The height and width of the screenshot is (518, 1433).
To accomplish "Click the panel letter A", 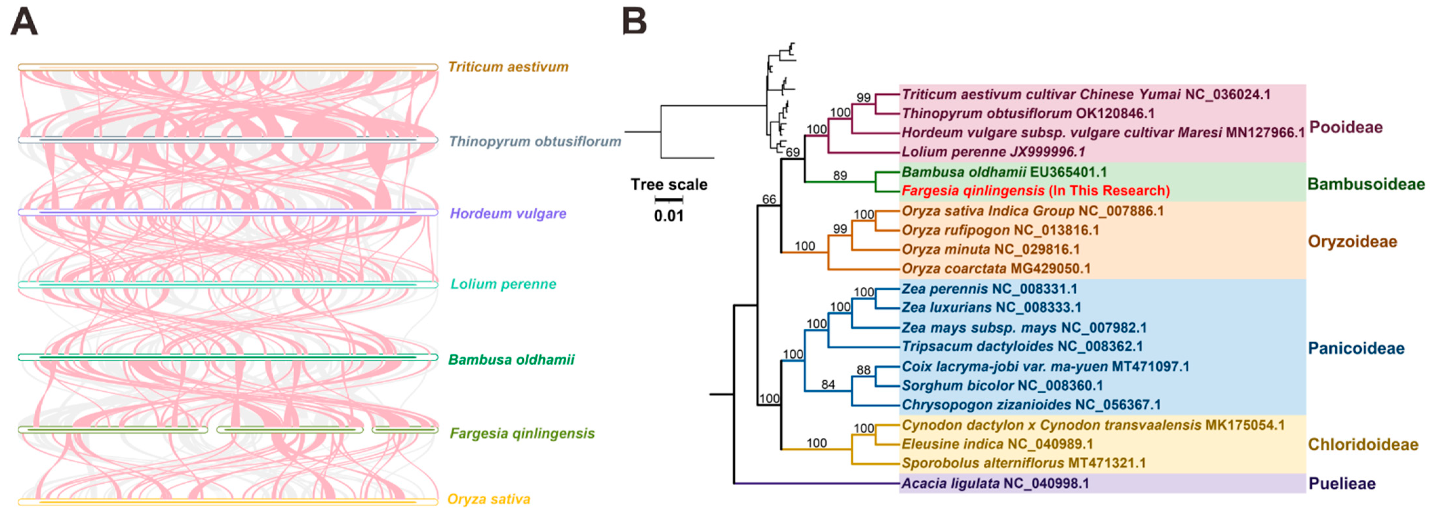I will (25, 23).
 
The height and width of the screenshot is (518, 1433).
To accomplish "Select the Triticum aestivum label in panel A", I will (508, 67).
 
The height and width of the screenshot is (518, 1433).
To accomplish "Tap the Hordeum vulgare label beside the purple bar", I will (508, 214).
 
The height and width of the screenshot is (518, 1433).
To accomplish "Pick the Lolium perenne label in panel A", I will (503, 284).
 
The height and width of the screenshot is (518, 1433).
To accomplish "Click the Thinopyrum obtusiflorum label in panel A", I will (534, 141).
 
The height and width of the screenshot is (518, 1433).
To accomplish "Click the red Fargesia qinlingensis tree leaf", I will (1035, 191).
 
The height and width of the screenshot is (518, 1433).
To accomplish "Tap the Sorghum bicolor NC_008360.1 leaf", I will (1002, 386).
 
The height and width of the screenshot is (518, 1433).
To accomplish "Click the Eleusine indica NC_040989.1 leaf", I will (997, 444).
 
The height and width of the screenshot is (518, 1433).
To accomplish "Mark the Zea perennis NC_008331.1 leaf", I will (989, 289).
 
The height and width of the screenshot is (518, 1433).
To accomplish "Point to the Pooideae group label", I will (1346, 128).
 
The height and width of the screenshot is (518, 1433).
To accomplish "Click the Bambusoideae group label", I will (1366, 184).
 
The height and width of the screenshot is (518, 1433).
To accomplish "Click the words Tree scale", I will (669, 185).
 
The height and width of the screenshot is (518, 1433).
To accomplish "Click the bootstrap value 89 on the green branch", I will (840, 176).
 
